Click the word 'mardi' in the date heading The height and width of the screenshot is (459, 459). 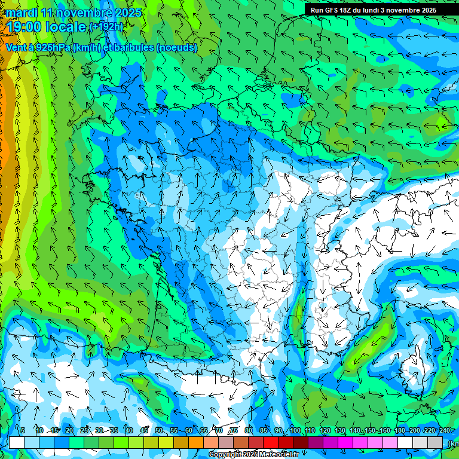(x=22, y=13)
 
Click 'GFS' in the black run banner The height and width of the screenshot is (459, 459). (x=334, y=10)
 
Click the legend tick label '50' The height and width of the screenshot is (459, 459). (x=158, y=430)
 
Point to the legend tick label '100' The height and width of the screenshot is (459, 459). (x=295, y=430)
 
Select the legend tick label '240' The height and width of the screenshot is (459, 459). (x=444, y=430)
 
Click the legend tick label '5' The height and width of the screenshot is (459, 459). (x=23, y=430)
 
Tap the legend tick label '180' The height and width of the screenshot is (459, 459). (x=399, y=430)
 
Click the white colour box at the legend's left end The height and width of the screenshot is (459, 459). (x=17, y=442)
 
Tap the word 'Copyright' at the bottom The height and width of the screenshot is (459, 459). (x=225, y=455)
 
